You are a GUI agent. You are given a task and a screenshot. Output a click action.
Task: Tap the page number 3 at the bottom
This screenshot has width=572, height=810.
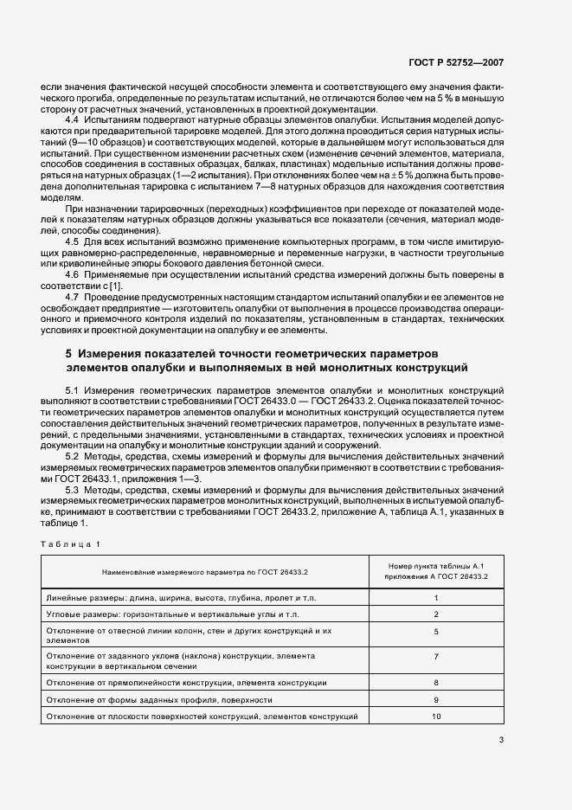pyautogui.click(x=500, y=740)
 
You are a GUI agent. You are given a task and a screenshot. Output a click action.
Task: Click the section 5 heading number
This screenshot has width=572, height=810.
pyautogui.click(x=68, y=354)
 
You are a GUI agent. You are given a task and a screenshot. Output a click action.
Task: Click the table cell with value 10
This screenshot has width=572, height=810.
pyautogui.click(x=436, y=717)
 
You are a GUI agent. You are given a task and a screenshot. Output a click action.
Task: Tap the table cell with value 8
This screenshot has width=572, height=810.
pyautogui.click(x=436, y=684)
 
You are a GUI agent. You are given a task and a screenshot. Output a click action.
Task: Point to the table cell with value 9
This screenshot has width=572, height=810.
pyautogui.click(x=436, y=700)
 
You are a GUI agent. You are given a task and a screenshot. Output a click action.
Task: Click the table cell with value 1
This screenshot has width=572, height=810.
pyautogui.click(x=436, y=598)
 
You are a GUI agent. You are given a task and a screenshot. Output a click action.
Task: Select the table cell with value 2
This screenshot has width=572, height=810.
pyautogui.click(x=436, y=614)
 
